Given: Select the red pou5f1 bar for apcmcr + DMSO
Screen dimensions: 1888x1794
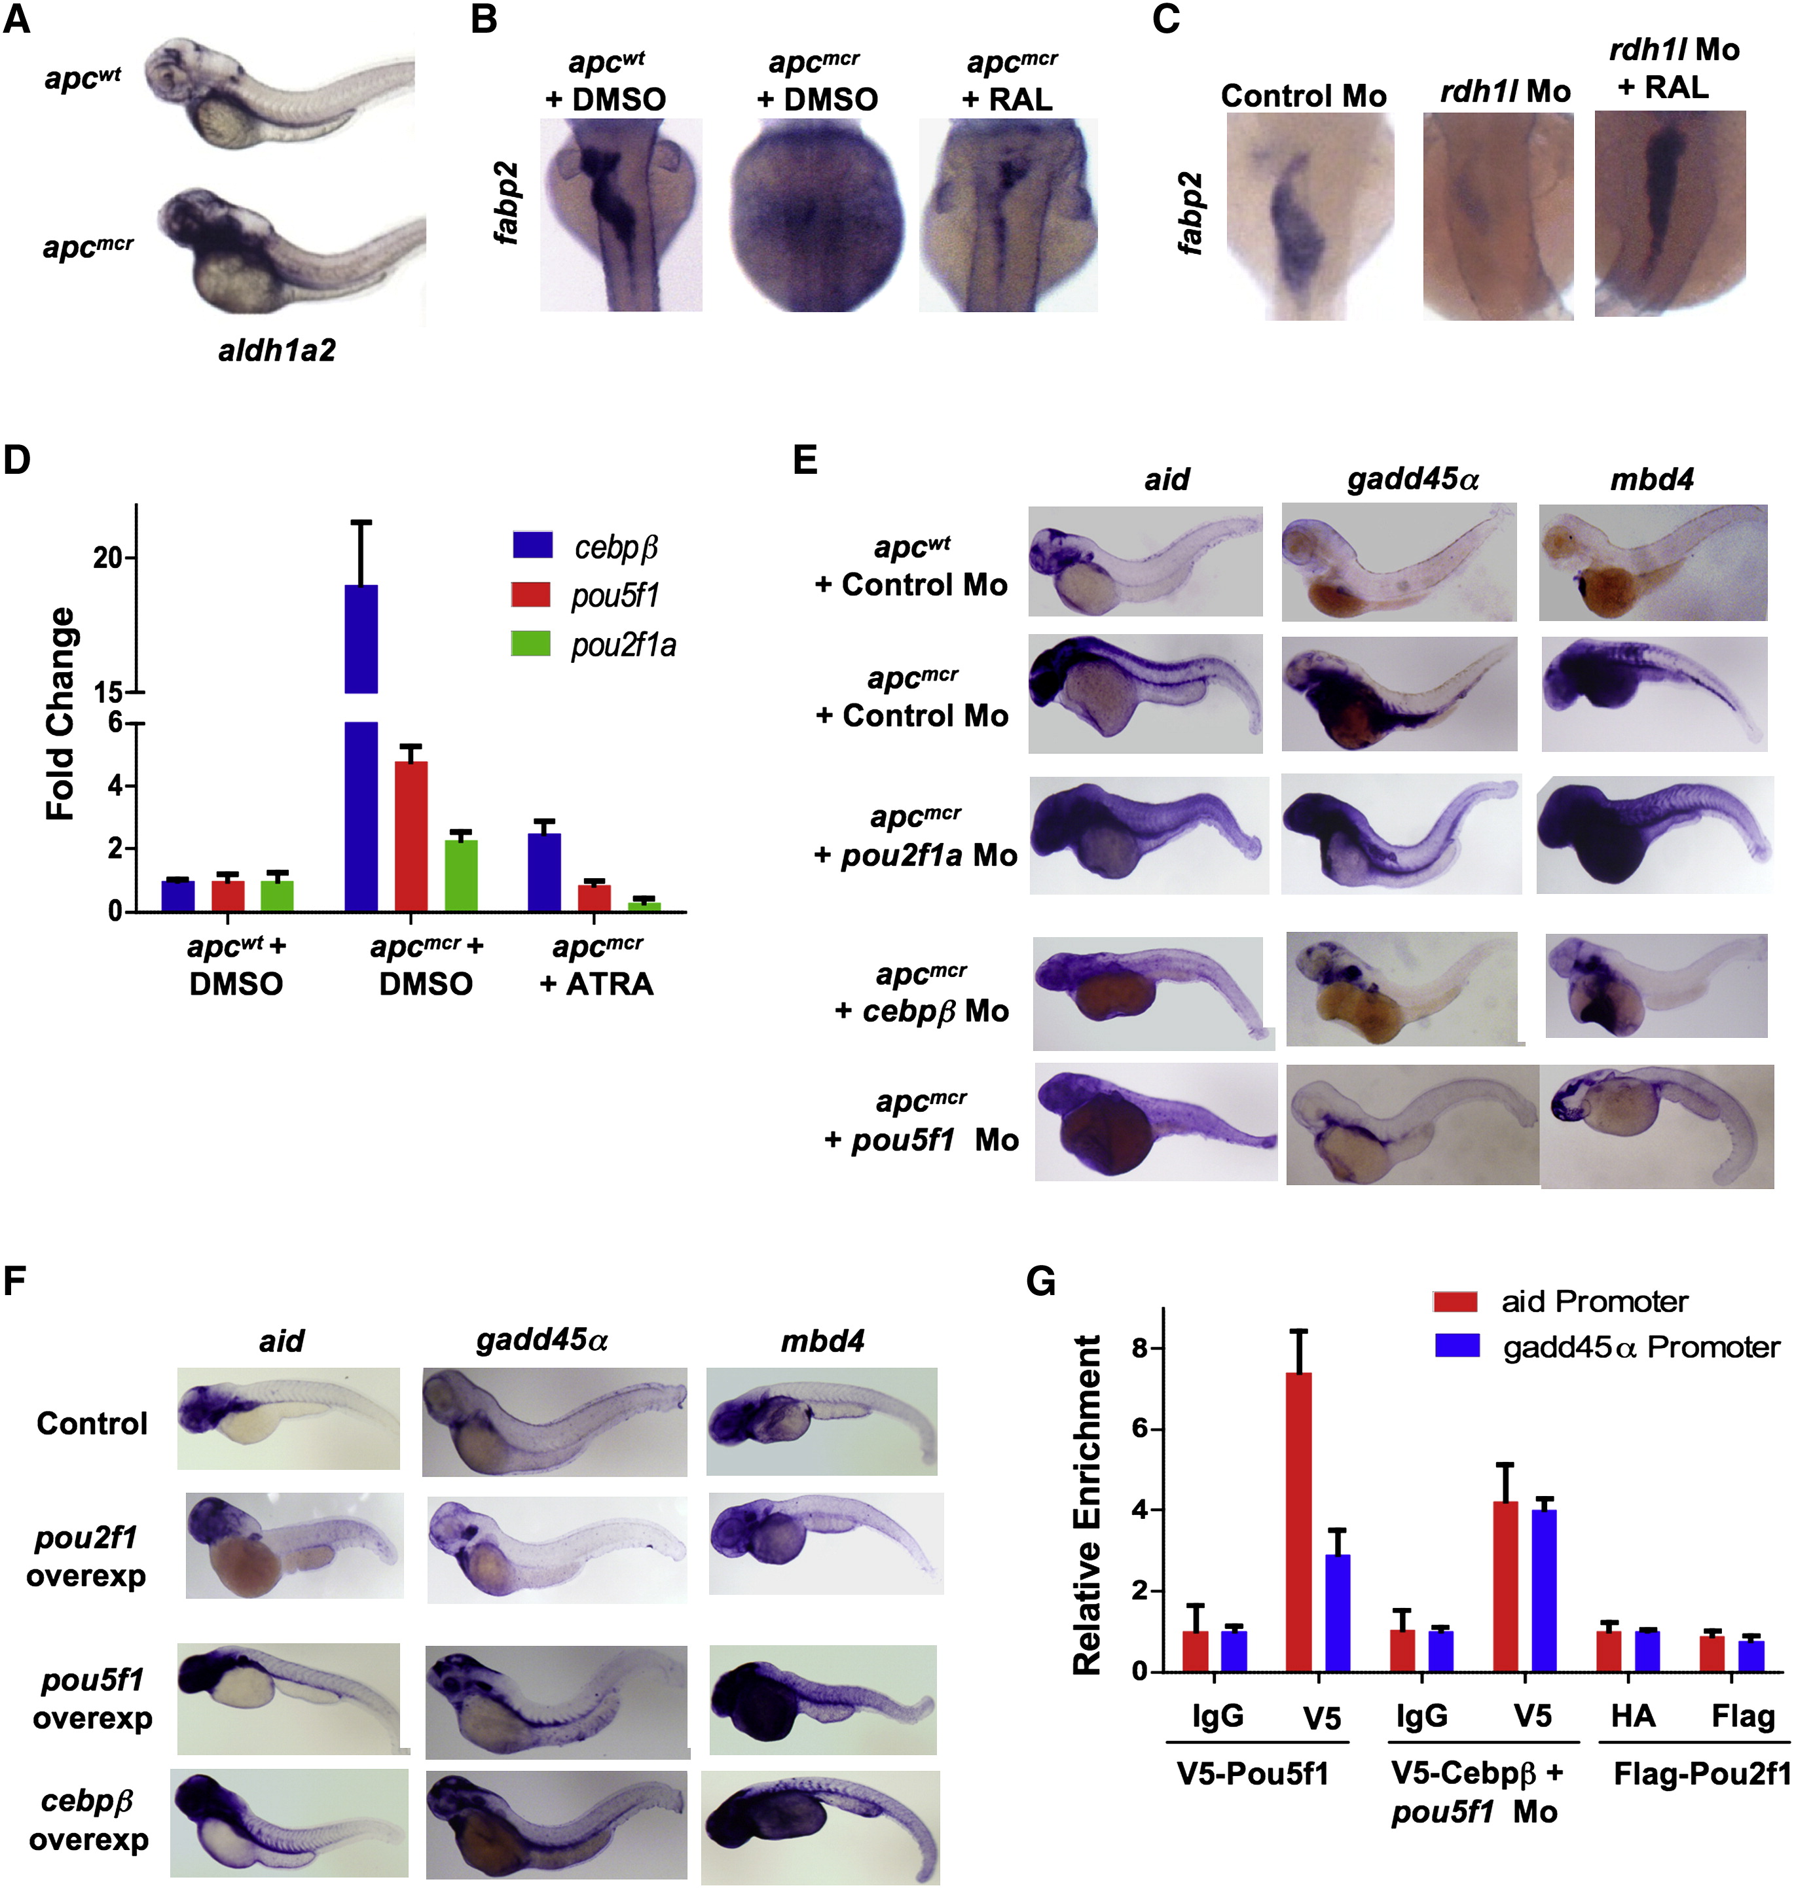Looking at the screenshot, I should pos(411,836).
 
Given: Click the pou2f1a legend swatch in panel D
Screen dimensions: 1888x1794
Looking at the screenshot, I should pos(531,643).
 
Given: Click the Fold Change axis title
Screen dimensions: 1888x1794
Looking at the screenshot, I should pos(61,713).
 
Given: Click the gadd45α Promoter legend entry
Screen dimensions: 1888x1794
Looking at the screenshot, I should pos(1607,1347).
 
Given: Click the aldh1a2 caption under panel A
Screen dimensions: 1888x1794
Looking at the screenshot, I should pos(276,351).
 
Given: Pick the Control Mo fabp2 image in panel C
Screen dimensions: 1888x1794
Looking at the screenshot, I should pos(1310,215).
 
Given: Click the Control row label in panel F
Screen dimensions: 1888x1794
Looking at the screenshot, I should pos(92,1423).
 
